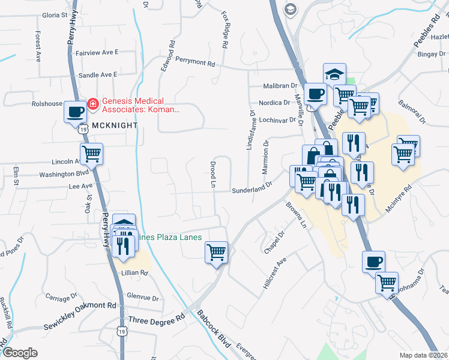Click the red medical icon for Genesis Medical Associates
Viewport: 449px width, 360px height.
point(93,104)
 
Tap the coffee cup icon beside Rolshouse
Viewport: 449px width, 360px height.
point(76,111)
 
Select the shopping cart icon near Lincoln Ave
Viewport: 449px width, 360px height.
point(91,154)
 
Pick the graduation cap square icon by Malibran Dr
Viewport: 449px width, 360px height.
point(334,74)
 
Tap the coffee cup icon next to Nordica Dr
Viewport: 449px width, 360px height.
point(316,93)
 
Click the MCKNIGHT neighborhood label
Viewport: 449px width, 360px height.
point(115,126)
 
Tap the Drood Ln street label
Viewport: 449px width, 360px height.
point(212,173)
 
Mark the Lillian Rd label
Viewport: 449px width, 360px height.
point(134,272)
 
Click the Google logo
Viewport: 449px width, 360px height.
point(20,353)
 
